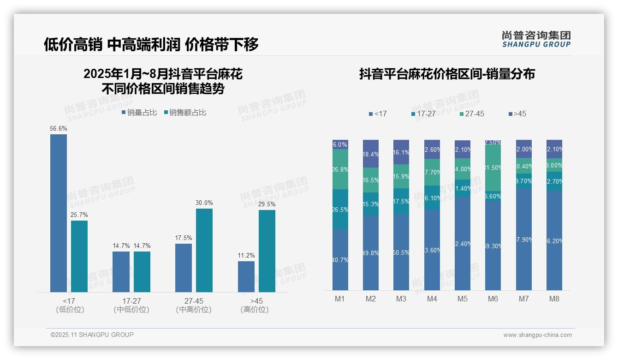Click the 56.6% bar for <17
pos(59,213)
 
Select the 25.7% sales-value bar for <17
pos(79,256)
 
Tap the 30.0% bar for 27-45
pos(204,250)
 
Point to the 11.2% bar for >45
pos(246,276)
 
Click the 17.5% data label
pos(184,238)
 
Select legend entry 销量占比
pos(139,113)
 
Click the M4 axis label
pos(432,299)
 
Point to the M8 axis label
pos(554,299)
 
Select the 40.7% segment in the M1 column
pos(340,259)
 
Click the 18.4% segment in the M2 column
pos(371,154)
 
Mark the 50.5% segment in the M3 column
pos(401,252)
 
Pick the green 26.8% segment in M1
pos(340,169)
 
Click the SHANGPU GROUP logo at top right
pos(536,39)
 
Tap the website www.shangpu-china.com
pos(537,335)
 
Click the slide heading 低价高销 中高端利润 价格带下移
pos(151,44)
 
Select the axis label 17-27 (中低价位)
pos(131,305)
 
